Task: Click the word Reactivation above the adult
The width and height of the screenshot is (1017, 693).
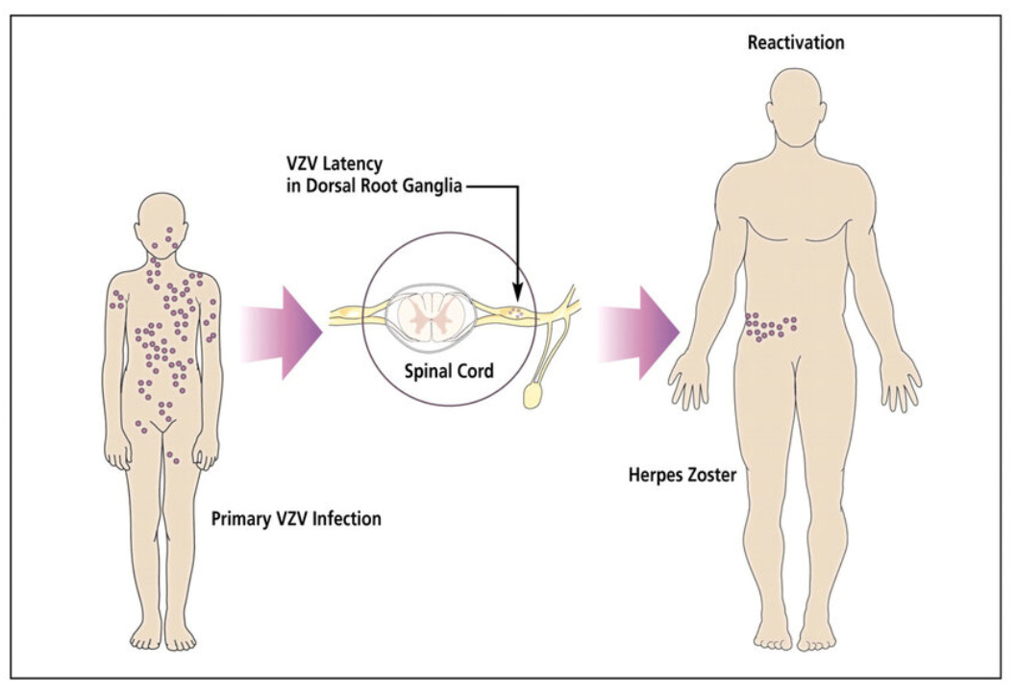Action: pyautogui.click(x=796, y=43)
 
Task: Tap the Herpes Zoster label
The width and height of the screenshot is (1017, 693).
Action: pyautogui.click(x=677, y=474)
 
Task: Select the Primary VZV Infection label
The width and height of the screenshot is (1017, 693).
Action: pyautogui.click(x=296, y=519)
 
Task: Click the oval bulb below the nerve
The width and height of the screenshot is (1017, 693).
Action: pyautogui.click(x=532, y=396)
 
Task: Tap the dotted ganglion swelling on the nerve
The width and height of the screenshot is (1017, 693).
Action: pyautogui.click(x=517, y=311)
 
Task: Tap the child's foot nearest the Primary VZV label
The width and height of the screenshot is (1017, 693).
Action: pyautogui.click(x=180, y=632)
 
